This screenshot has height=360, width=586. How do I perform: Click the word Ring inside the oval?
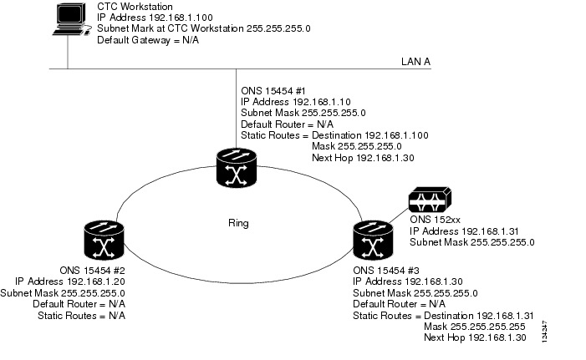pos(238,224)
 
